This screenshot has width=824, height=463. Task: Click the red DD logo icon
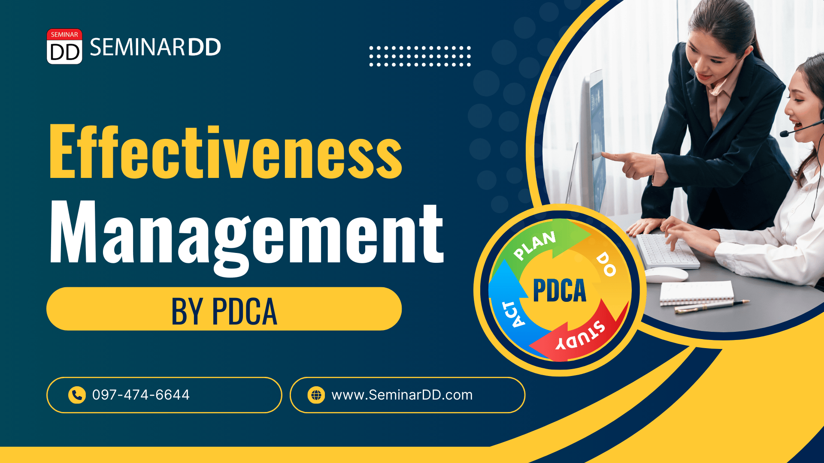coord(64,46)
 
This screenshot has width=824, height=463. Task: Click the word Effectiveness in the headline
coord(226,152)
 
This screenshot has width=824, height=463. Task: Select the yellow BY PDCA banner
coord(224,309)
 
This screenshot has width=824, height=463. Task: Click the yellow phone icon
coord(77,395)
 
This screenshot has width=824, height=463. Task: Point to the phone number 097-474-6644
coord(141,395)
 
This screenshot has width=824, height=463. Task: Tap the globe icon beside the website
coord(316,395)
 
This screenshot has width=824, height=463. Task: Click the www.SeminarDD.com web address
coord(402,395)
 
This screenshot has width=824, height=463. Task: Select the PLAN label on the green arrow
coord(535,246)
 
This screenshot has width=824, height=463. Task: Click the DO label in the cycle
coord(606,264)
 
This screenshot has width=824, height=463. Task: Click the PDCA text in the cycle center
coord(560,291)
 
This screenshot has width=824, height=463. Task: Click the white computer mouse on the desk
coord(666,274)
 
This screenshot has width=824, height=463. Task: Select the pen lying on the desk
coord(712,306)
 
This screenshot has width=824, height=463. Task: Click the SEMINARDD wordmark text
coord(155,47)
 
